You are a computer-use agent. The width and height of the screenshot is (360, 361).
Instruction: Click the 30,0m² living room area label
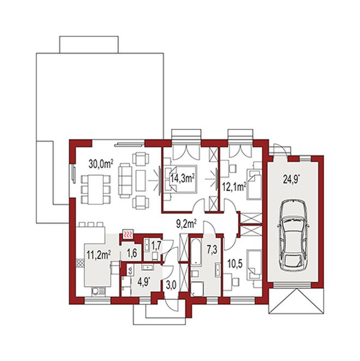coord(101,164)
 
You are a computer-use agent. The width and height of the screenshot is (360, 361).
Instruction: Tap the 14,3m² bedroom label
coord(183,178)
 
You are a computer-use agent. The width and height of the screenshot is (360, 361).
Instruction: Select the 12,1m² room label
coord(234,187)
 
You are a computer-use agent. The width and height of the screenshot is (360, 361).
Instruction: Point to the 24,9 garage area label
coord(292,179)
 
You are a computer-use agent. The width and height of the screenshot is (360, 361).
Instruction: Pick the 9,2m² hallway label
coord(186,224)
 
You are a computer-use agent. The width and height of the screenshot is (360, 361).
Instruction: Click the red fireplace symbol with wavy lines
coord(128,235)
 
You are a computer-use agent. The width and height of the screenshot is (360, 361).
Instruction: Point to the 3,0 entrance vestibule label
coord(171,285)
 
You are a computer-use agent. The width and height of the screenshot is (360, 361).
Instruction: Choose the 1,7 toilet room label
coord(156,246)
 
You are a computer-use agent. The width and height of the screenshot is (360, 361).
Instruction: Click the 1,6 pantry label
coord(132,253)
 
